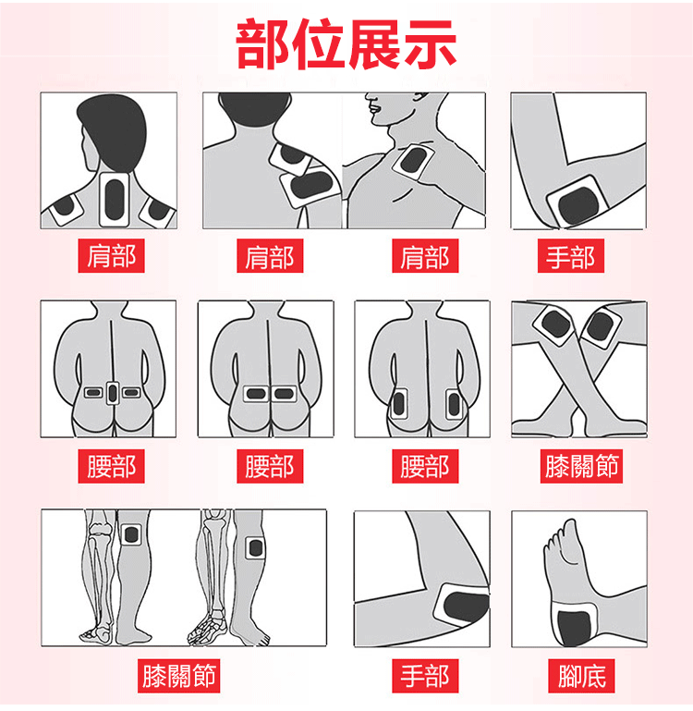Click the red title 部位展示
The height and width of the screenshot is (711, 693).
coord(346,44)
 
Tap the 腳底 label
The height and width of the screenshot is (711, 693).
coord(581,676)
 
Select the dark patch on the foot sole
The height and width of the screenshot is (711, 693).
coord(574,627)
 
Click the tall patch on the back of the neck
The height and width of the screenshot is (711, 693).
coord(115,200)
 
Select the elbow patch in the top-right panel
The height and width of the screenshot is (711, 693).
coord(577,202)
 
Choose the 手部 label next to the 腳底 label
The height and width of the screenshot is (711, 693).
coord(425,676)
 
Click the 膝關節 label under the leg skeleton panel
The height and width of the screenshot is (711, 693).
coord(178,676)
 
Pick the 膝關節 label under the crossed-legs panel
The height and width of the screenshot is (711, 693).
coord(581,466)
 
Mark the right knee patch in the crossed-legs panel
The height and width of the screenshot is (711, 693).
coord(600,326)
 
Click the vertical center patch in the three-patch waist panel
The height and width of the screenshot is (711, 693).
coord(113,393)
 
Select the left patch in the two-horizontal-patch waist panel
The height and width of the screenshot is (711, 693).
coord(256,394)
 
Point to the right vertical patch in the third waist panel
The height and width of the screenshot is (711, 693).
coord(454,404)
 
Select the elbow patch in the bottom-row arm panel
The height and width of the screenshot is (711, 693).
coord(462,606)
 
